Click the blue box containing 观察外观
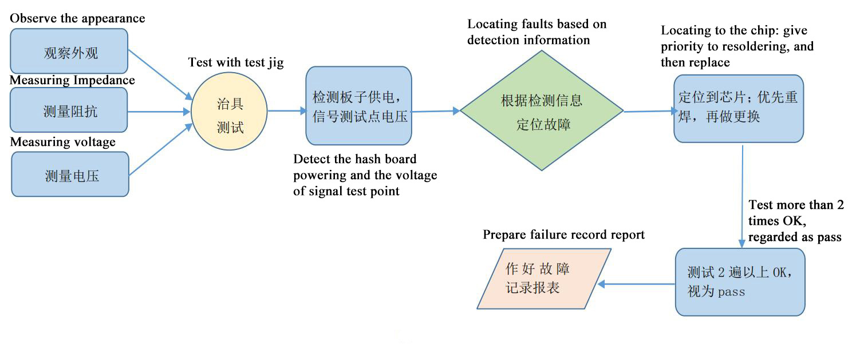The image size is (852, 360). pos(69,53)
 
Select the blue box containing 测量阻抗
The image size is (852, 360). pos(69,110)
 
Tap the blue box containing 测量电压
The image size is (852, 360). pos(70,175)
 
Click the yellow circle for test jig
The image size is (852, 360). pos(229,112)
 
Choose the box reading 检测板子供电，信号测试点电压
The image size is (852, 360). pos(359,106)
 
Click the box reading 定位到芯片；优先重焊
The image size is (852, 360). pos(738,108)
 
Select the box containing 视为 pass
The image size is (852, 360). pos(740,282)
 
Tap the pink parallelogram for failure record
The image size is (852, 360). pos(544,279)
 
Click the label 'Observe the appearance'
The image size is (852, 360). pos(77,18)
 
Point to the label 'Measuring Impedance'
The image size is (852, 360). pos(72,80)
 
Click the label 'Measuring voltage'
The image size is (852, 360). pos(62,142)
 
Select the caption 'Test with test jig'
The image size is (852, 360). pos(235,62)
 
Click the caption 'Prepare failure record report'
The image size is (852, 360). pos(563,235)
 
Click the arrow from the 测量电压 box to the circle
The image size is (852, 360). pos(159,150)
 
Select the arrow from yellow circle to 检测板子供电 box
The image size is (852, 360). pos(286,112)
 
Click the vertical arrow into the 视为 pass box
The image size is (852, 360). pos(743,195)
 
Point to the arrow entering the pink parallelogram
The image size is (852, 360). pos(636,284)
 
